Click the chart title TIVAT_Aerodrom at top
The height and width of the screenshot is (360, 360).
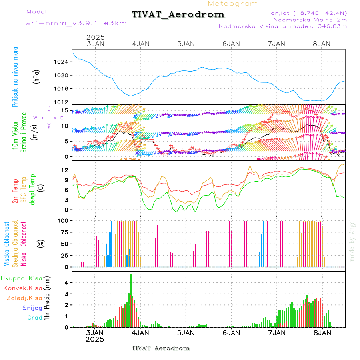click(178, 14)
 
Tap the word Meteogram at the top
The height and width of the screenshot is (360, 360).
click(233, 4)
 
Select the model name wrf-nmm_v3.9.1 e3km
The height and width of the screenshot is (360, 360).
click(76, 23)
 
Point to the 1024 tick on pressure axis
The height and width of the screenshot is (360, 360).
click(63, 62)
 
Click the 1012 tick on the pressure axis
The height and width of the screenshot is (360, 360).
click(63, 102)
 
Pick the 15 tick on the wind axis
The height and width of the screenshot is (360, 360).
click(66, 110)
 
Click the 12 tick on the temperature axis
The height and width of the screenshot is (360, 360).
click(66, 170)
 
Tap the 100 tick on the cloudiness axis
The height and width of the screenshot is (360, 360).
click(64, 220)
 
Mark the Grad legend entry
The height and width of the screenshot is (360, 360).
click(35, 318)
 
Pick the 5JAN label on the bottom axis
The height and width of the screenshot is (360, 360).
click(186, 332)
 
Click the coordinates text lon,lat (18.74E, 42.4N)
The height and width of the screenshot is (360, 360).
click(307, 12)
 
